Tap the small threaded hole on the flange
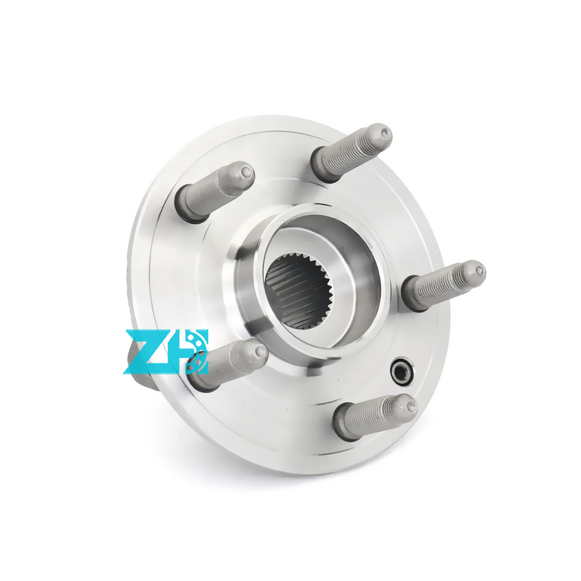402,368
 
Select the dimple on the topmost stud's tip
386,132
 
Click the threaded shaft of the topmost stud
352,150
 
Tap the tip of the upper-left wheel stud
246,171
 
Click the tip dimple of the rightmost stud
480,271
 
